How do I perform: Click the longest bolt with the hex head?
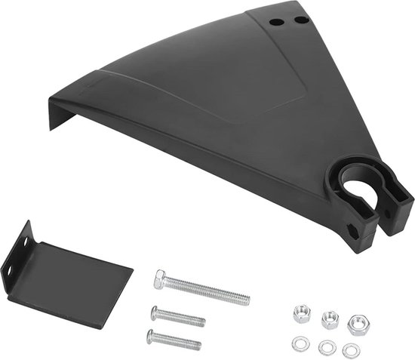(x=204, y=289)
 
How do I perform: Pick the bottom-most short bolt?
(x=174, y=340)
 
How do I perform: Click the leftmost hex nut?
(x=302, y=313)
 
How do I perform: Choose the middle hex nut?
(x=330, y=319)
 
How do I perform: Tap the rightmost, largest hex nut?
(x=357, y=325)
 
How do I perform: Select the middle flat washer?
(x=327, y=347)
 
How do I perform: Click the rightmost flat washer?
(x=351, y=350)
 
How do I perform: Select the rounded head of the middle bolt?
(x=155, y=311)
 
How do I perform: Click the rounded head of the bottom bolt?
(x=150, y=334)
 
